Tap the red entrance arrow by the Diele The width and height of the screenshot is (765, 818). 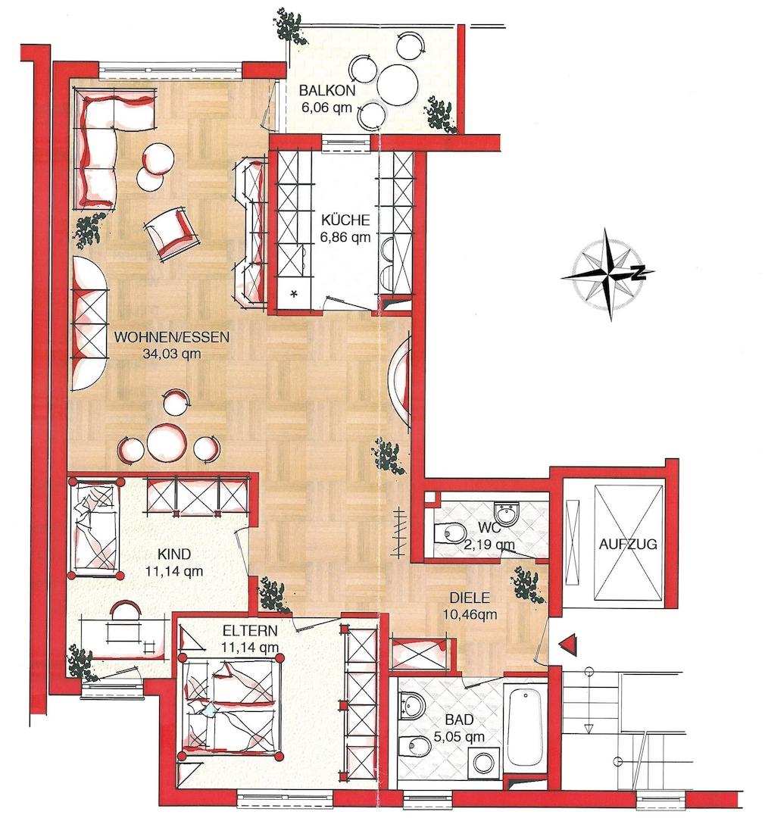coord(567,643)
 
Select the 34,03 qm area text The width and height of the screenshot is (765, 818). coord(171,352)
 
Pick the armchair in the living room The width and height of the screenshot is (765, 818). coord(169,232)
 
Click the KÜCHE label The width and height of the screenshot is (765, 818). coord(345,220)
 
